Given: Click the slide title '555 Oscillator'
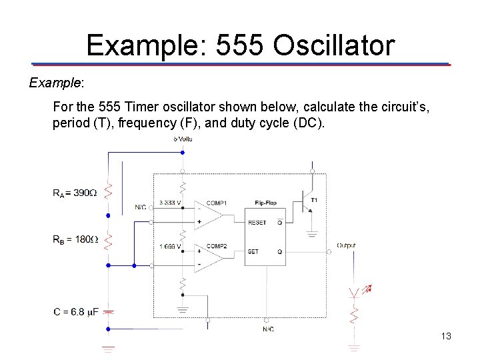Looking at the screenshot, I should tap(241, 45).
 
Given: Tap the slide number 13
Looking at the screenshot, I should tap(446, 336).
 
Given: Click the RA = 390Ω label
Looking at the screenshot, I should tap(74, 193).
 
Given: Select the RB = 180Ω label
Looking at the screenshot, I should tap(75, 239).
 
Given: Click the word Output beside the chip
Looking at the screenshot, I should tap(346, 245).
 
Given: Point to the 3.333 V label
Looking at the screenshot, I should tap(170, 203).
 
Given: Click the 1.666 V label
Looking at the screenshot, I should tap(170, 247).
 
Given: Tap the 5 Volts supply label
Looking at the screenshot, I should tap(183, 139).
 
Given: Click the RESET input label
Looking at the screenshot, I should tap(257, 223).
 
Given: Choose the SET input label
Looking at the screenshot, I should tap(253, 251).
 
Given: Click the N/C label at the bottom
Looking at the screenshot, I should tap(267, 329).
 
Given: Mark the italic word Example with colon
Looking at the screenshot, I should tap(56, 83).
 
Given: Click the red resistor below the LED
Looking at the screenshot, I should tap(355, 314).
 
